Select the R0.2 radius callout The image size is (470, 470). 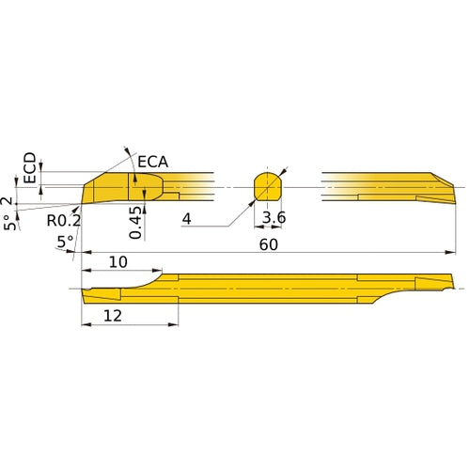[63, 222]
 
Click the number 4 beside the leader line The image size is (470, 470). [187, 219]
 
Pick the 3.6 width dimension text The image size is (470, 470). [273, 219]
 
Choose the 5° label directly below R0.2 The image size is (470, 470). [65, 242]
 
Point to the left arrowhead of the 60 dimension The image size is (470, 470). [86, 253]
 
